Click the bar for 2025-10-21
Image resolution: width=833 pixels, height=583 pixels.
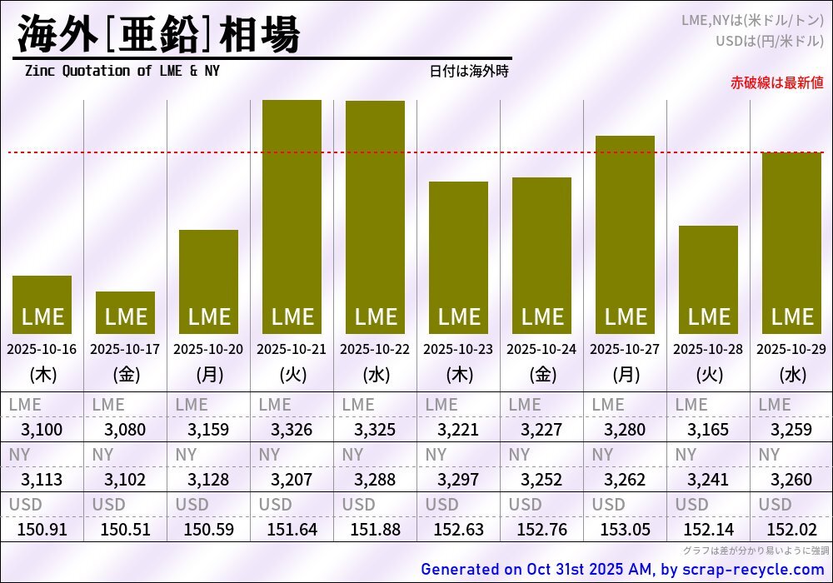292,217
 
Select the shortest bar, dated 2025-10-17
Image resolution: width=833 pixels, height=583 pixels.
125,312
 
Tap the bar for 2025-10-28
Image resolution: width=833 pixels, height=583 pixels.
708,279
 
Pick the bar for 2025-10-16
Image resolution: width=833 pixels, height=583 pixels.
42,304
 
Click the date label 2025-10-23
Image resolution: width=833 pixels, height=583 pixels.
458,349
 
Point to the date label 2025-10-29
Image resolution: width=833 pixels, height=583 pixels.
791,349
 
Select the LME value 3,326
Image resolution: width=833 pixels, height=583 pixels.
292,430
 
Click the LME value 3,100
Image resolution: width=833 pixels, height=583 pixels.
42,430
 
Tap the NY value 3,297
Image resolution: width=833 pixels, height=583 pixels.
458,480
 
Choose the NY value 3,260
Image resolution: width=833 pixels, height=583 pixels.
791,480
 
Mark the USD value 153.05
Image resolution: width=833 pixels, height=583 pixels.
625,529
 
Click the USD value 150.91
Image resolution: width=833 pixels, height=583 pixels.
42,529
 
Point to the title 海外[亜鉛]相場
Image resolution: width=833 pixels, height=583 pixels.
158,35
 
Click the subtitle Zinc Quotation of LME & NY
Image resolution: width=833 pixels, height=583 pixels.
122,71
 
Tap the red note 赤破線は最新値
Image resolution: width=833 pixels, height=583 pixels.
776,82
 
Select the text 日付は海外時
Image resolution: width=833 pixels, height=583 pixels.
469,72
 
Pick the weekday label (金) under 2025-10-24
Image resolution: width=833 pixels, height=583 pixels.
541,375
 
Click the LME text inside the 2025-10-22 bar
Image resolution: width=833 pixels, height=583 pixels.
375,317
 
